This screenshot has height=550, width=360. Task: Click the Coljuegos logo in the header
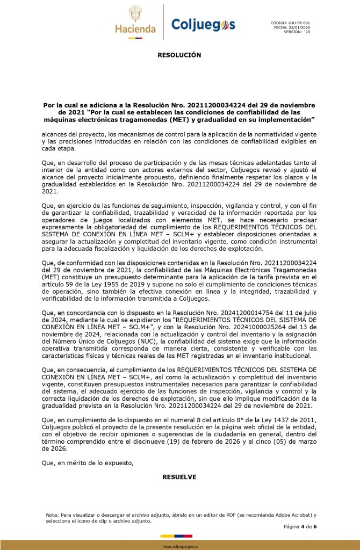click(203, 24)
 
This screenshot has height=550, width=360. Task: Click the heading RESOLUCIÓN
click(179, 55)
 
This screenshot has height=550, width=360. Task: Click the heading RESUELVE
click(179, 477)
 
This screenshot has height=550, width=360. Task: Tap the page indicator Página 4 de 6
click(300, 526)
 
